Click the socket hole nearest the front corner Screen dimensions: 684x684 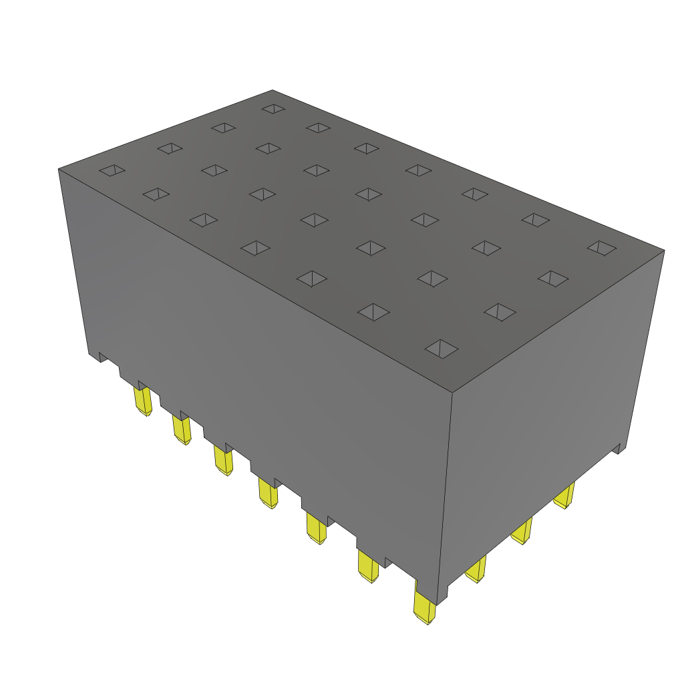(x=442, y=348)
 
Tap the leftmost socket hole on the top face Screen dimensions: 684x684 (x=112, y=171)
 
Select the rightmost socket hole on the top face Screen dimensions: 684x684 (x=602, y=248)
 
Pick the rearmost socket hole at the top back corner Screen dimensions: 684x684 (x=273, y=108)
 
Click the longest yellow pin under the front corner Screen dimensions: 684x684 (x=424, y=609)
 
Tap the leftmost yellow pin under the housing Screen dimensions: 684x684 (x=143, y=401)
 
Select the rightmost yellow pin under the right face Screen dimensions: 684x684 (x=565, y=496)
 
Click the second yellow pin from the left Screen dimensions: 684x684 (x=182, y=430)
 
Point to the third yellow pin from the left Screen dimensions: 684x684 (x=223, y=460)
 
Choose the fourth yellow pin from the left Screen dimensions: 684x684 (x=269, y=494)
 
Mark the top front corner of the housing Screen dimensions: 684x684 (x=453, y=392)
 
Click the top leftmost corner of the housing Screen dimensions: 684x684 (x=59, y=168)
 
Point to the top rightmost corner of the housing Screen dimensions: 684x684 (x=664, y=250)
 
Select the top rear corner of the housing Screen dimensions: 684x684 (x=273, y=90)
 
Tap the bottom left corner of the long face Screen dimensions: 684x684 (x=90, y=353)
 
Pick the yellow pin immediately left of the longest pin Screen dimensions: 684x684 (x=367, y=566)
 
